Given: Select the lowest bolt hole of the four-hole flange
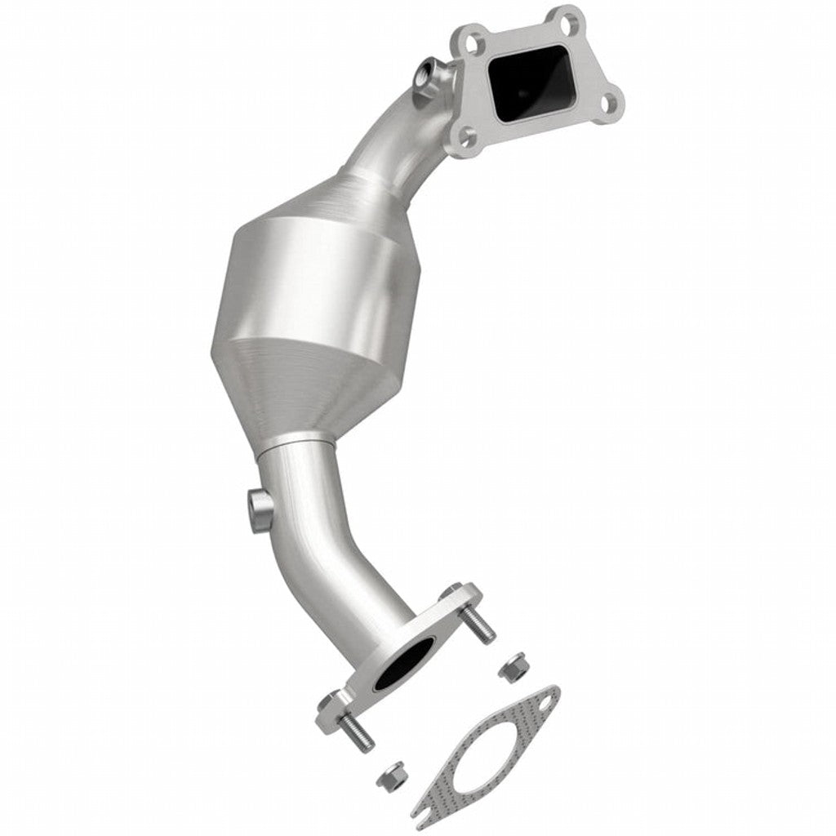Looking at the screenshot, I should tap(466, 137).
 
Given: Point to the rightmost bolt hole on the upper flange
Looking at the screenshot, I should tap(607, 103).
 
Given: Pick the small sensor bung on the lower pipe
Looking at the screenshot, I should tap(258, 507).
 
